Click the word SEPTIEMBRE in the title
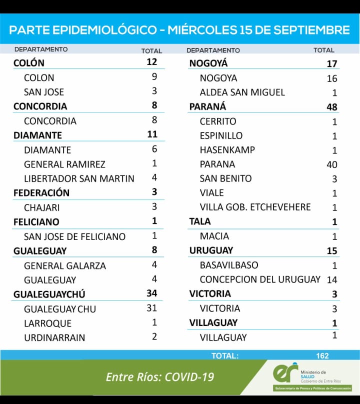tap(313, 30)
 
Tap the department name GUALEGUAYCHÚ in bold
tap(49, 294)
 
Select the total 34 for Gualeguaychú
tap(151, 293)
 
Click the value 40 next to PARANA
tap(331, 164)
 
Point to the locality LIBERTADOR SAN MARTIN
tap(79, 178)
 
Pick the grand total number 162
tap(322, 356)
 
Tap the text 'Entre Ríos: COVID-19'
tap(160, 376)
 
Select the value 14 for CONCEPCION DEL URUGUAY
tap(331, 279)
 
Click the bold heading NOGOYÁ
tap(208, 63)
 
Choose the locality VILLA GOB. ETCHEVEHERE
tap(255, 207)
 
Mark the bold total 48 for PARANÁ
tap(331, 107)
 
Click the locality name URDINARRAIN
tap(54, 337)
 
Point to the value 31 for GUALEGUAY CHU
tap(151, 308)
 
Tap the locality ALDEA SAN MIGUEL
tap(242, 92)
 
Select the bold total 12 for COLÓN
tap(151, 62)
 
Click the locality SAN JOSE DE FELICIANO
tap(74, 236)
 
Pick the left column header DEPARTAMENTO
tap(41, 49)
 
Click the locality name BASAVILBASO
tap(229, 265)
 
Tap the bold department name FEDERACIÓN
tap(41, 193)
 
